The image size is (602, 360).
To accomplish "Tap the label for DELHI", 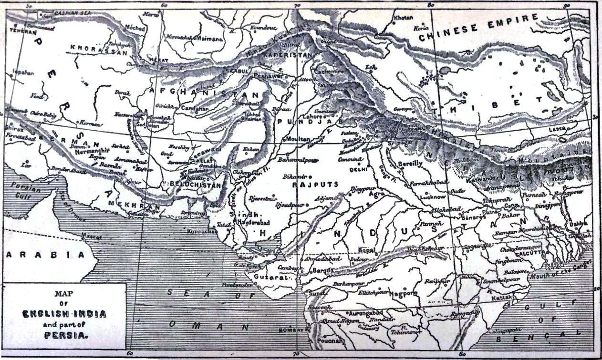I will (x=358, y=169).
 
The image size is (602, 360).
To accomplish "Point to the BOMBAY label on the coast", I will (x=291, y=330).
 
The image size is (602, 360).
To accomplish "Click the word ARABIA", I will (x=45, y=254).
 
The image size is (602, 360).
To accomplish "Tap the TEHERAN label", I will (x=23, y=31).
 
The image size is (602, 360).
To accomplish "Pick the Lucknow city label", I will (x=433, y=196).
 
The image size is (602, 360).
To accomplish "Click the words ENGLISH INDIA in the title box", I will (x=64, y=313).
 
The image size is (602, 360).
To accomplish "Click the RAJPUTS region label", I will (x=315, y=184).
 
